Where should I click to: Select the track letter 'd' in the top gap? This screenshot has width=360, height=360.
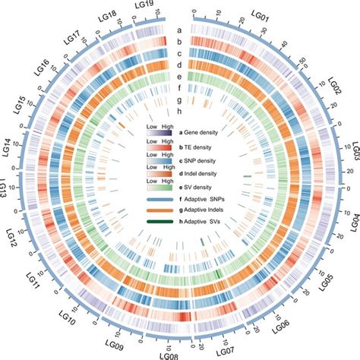coord(178,65)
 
